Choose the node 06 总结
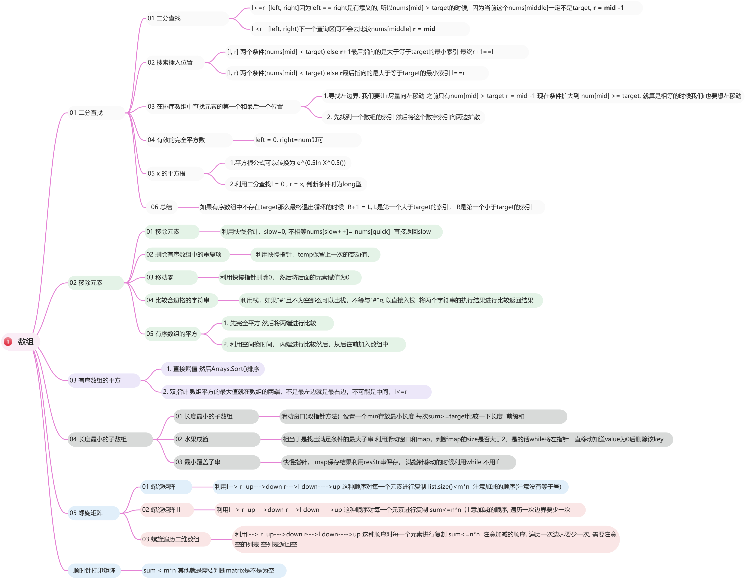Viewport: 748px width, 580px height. (162, 207)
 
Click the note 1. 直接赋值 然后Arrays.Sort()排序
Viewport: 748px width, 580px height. (213, 369)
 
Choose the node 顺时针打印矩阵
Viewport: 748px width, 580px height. (94, 570)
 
